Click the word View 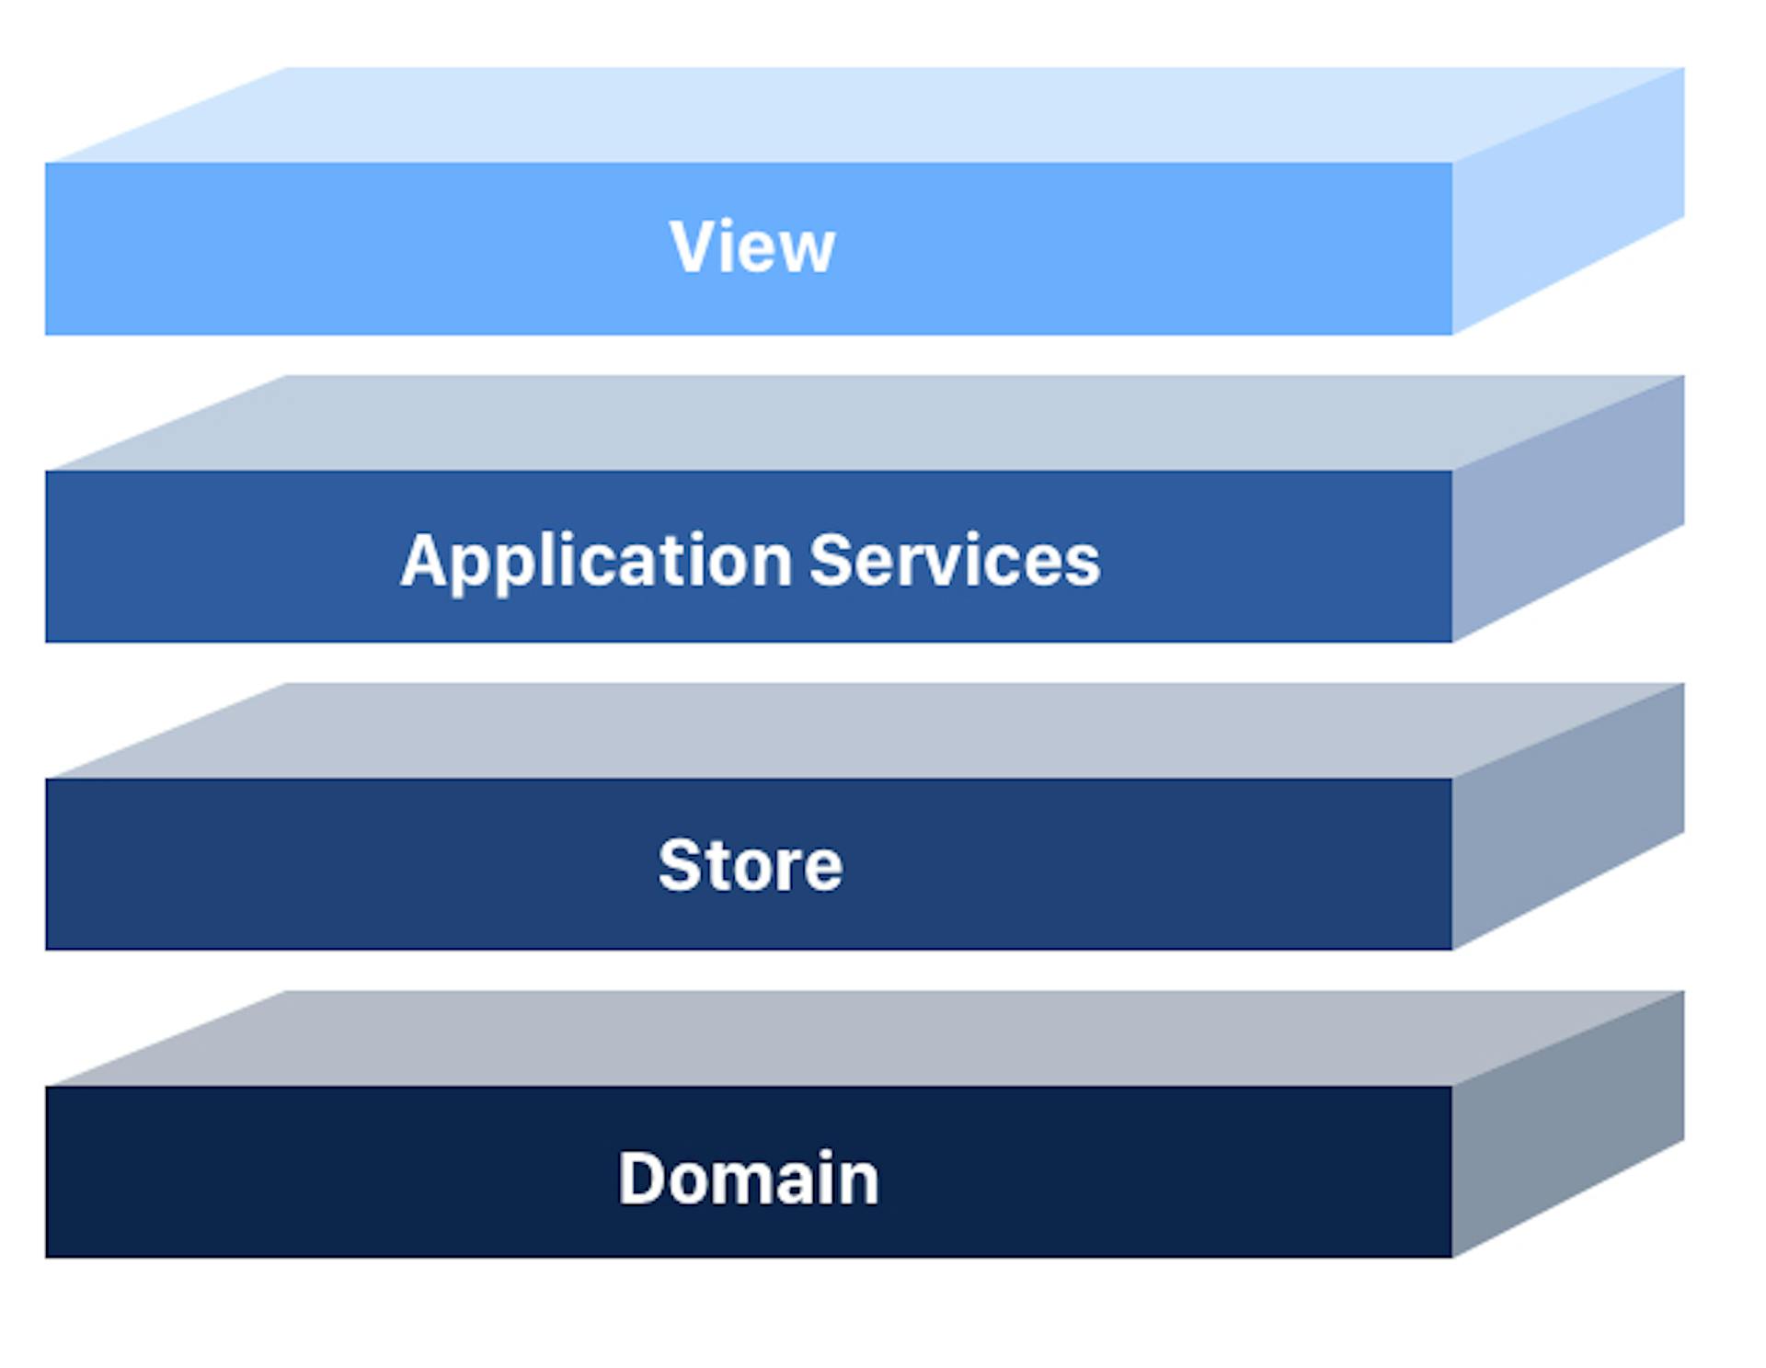752,246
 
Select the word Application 596,562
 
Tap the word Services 955,559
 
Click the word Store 751,865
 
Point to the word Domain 749,1178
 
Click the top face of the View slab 865,115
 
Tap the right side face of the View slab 1568,200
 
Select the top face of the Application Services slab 865,423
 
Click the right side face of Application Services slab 1568,508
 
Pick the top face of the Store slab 865,731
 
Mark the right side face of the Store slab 1568,816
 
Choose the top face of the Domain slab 865,1039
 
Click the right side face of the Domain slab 1568,1124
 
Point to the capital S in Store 680,865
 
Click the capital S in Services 831,559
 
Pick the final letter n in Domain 860,1183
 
